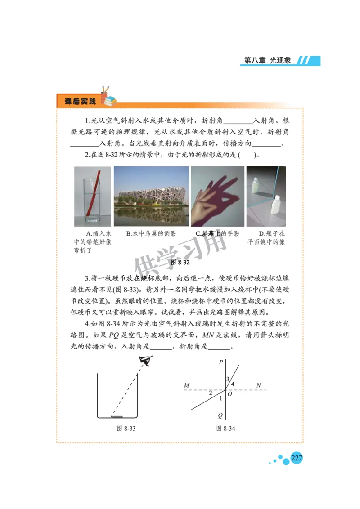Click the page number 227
296,458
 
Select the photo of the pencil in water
92,196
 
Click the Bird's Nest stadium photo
151,196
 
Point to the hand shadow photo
218,196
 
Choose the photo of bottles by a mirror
266,196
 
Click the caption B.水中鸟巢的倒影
151,233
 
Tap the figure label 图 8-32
180,262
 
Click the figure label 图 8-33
126,429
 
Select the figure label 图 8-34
225,429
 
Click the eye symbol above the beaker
146,360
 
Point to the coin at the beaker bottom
117,416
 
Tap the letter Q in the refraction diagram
220,415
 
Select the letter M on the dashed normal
186,385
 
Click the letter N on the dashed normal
259,385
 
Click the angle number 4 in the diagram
233,384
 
